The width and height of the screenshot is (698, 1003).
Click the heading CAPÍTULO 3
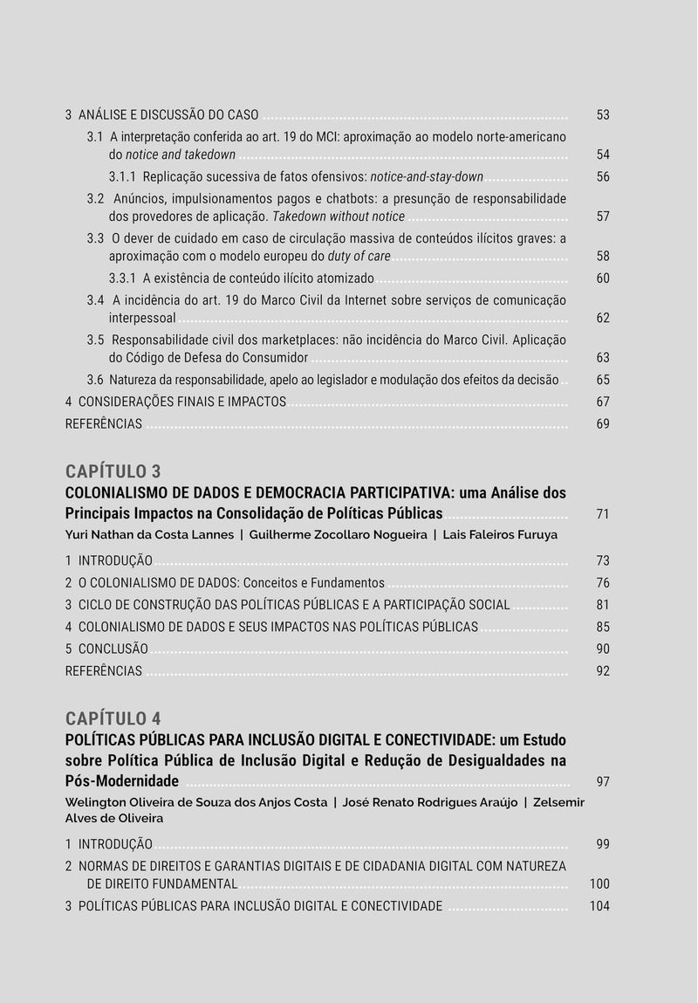(x=113, y=471)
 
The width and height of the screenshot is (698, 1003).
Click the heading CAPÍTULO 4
(x=113, y=718)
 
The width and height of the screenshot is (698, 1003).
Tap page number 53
(x=603, y=115)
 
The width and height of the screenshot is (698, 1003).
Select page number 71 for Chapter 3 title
(x=603, y=514)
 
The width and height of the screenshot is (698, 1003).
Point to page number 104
(x=599, y=906)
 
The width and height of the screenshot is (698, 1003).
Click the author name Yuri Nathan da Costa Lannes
(x=149, y=534)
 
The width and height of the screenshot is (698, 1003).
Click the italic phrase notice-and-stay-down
(x=427, y=177)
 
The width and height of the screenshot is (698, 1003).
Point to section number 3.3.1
(x=122, y=278)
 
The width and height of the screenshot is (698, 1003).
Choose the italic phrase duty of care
(x=359, y=257)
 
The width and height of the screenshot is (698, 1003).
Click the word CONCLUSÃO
(x=113, y=649)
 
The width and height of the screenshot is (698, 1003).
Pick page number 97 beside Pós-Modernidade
(x=603, y=781)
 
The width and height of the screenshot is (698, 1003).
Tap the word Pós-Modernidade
(x=121, y=780)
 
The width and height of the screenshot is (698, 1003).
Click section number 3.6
(x=95, y=380)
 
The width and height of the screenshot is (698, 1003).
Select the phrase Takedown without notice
(x=339, y=216)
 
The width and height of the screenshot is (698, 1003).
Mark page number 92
(x=603, y=671)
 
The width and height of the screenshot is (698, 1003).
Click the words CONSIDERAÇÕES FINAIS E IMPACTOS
(x=181, y=402)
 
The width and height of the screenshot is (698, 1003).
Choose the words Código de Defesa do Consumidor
(x=208, y=358)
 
